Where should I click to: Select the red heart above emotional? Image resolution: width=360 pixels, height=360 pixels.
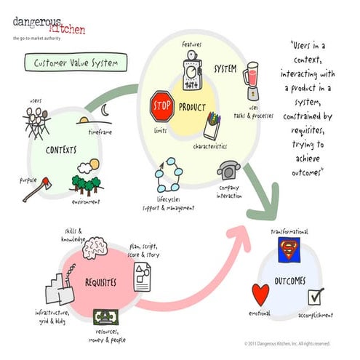tap(260, 294)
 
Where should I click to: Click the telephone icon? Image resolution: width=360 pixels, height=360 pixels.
tap(228, 169)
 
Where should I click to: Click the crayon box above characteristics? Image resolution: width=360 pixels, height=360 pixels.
tap(212, 124)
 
